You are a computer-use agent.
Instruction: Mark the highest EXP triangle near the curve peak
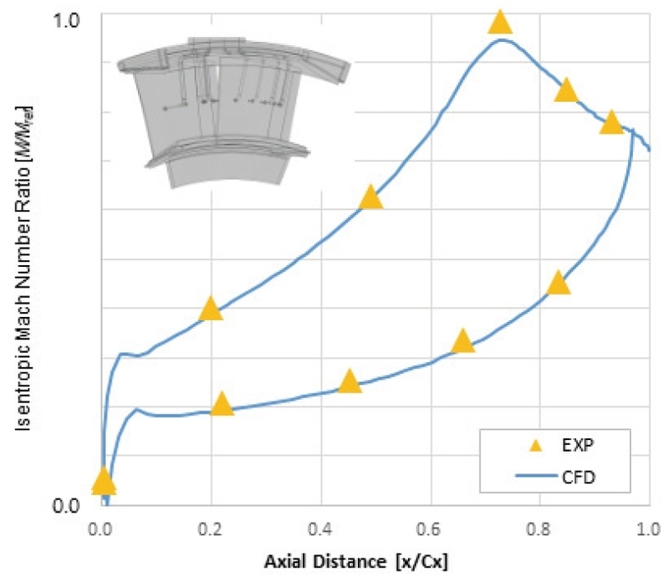click(x=500, y=23)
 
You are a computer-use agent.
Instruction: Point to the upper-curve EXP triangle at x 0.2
click(x=211, y=309)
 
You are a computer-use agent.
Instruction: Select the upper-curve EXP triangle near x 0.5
click(x=371, y=197)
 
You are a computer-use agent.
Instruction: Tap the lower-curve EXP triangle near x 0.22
click(x=222, y=404)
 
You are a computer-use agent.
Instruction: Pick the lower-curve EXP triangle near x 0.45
click(x=350, y=381)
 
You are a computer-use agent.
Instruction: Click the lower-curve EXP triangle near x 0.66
click(x=462, y=341)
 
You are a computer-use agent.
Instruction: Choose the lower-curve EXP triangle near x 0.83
click(x=559, y=283)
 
